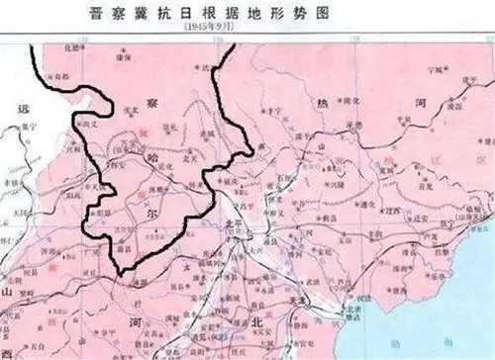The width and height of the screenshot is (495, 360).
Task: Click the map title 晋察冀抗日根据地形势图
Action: point(247,12)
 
